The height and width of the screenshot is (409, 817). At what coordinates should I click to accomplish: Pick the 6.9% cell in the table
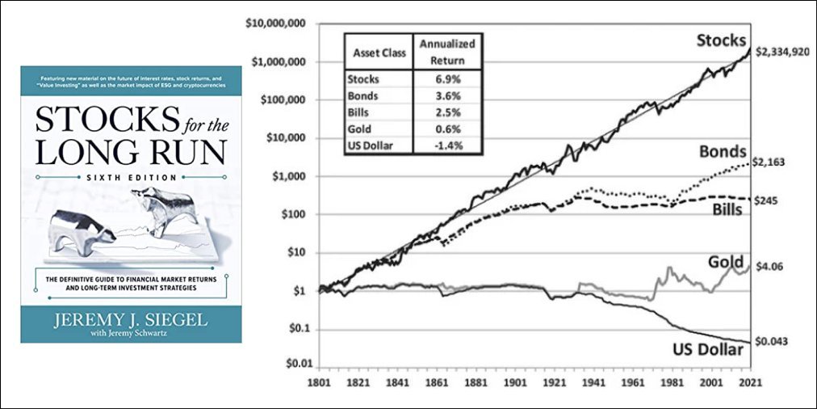pyautogui.click(x=447, y=80)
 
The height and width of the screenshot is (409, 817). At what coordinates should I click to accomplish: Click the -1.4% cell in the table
pyautogui.click(x=447, y=145)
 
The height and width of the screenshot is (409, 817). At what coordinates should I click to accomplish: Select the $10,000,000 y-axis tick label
pyautogui.click(x=274, y=23)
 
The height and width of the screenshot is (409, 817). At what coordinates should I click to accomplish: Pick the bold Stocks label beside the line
pyautogui.click(x=721, y=40)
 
